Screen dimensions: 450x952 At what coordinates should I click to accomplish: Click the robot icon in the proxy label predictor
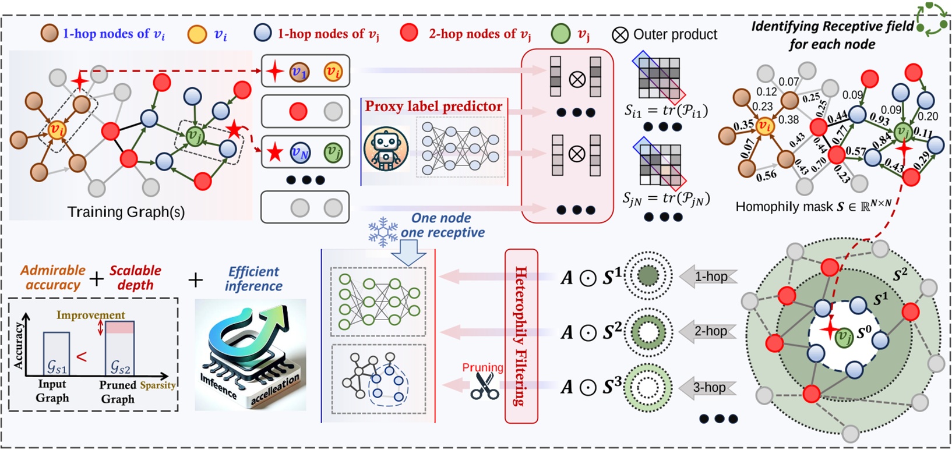(x=386, y=150)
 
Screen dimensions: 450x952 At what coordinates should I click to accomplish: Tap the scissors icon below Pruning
(x=485, y=386)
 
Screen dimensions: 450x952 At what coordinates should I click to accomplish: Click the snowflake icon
(x=382, y=231)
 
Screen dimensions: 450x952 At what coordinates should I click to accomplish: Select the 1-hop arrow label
(x=709, y=277)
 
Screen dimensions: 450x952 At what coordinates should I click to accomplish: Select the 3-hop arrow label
(x=709, y=387)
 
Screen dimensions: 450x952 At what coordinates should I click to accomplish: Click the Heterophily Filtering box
(x=521, y=336)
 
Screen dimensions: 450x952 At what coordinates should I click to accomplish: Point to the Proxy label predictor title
(x=433, y=107)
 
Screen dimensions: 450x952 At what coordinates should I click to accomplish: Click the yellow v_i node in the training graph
(x=57, y=129)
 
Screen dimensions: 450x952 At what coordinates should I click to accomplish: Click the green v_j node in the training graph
(x=195, y=137)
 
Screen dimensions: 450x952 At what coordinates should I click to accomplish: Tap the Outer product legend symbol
(x=620, y=35)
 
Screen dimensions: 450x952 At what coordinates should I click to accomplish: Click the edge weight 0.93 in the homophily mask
(x=879, y=119)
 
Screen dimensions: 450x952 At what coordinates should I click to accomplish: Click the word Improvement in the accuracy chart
(x=91, y=315)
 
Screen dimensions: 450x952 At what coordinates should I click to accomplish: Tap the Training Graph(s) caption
(x=126, y=212)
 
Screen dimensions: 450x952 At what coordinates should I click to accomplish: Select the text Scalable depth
(x=135, y=278)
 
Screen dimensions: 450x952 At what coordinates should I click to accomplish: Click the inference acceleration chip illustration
(x=250, y=355)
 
